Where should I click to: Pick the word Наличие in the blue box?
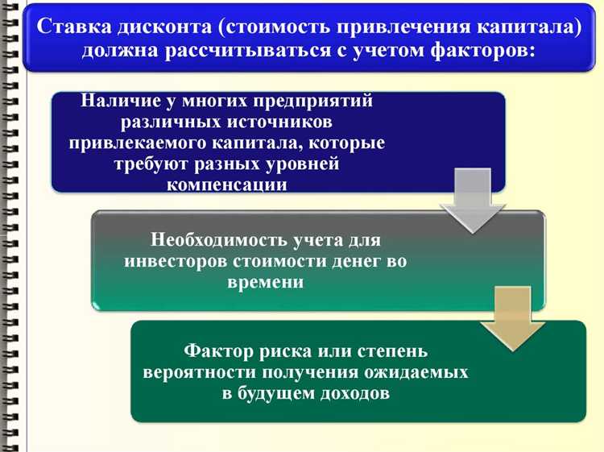coord(115,102)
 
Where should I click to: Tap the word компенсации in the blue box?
coord(228,184)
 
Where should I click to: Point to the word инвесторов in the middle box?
coord(176,261)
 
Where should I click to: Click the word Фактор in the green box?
coord(214,352)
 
